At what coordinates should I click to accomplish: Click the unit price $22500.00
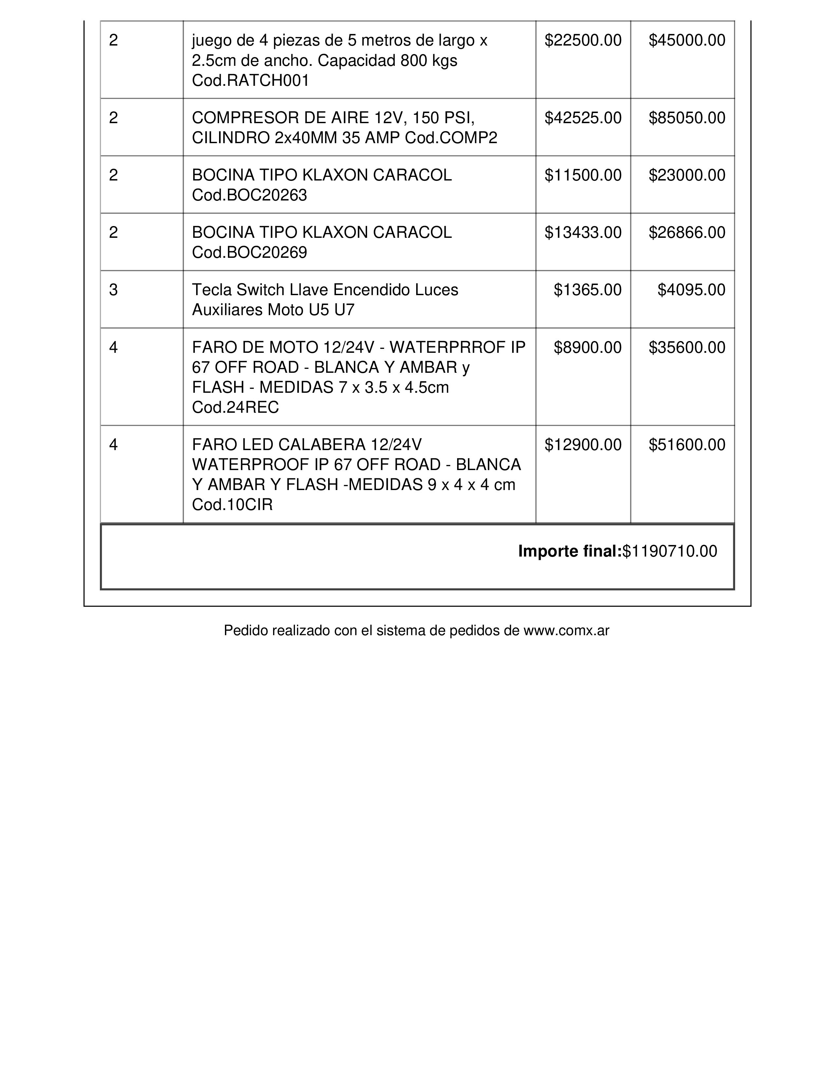click(x=583, y=40)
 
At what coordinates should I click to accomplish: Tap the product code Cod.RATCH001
click(x=250, y=81)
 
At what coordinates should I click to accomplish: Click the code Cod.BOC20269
click(x=249, y=253)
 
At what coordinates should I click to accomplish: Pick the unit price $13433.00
click(x=583, y=233)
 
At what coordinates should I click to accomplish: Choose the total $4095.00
click(x=691, y=290)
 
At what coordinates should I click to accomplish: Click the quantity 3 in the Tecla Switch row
click(x=113, y=290)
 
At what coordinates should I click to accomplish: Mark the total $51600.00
click(x=687, y=445)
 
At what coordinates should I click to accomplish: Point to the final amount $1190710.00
click(x=669, y=551)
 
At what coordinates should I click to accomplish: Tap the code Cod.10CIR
click(x=232, y=505)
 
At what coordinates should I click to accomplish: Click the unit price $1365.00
click(x=587, y=290)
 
